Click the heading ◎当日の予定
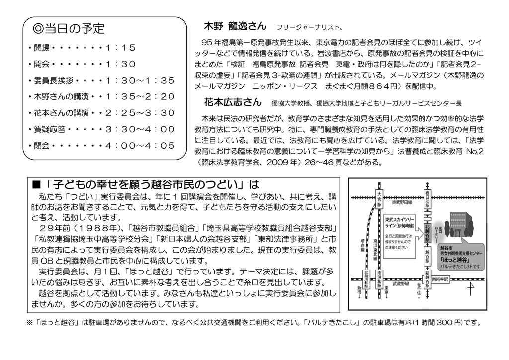[x=69, y=29]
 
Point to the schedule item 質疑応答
[x=49, y=130]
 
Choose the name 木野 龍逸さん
[x=236, y=26]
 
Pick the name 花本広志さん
[x=232, y=102]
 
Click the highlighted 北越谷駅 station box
[x=427, y=231]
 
